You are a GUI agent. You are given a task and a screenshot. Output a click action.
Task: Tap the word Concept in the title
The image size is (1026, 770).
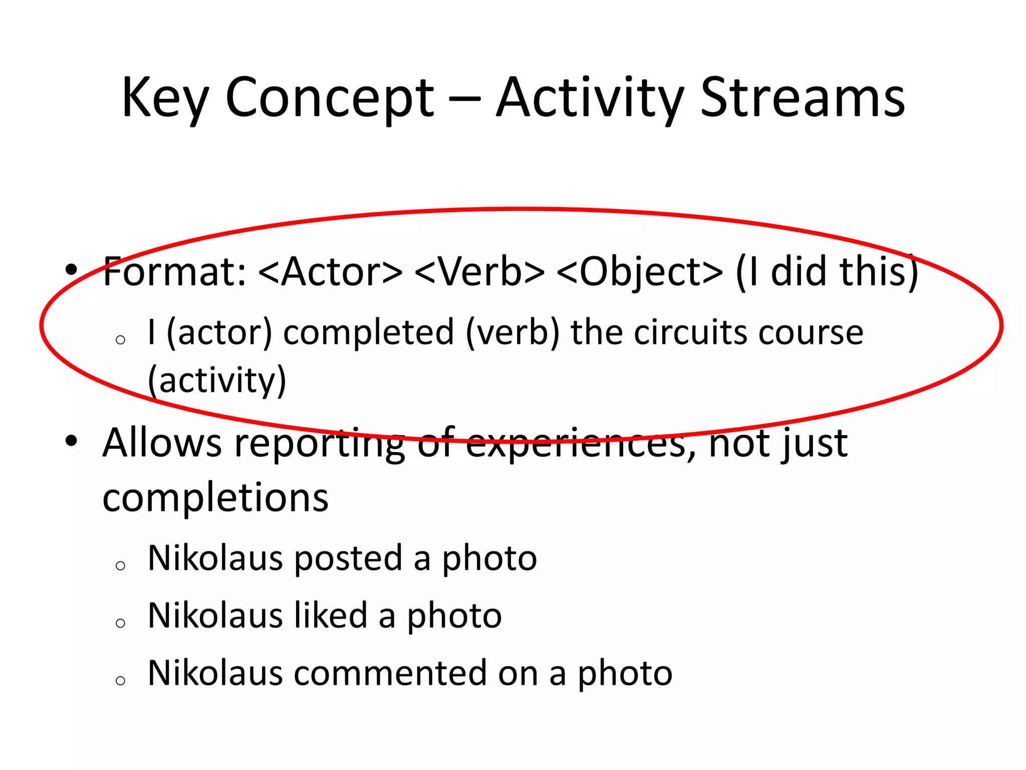click(330, 98)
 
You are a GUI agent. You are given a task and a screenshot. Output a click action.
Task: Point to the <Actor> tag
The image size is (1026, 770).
click(331, 272)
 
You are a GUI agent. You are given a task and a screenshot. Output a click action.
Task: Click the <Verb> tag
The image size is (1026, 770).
click(479, 272)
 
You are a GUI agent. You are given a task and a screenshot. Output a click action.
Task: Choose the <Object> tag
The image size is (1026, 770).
click(640, 273)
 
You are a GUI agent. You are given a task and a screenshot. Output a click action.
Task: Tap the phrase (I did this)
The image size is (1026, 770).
click(827, 272)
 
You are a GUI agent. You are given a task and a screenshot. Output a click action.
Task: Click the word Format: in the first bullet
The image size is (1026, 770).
click(175, 272)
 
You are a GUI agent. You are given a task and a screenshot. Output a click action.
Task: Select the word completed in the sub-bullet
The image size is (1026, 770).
click(368, 333)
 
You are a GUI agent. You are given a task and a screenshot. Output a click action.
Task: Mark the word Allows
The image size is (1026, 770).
click(162, 443)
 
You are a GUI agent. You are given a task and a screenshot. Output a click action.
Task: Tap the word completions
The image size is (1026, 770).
click(215, 498)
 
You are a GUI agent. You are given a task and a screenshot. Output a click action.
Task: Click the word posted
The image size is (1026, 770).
click(348, 558)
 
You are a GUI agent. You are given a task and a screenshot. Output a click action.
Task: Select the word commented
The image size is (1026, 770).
click(390, 673)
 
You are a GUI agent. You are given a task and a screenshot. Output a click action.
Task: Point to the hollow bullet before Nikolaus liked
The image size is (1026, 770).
click(120, 623)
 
